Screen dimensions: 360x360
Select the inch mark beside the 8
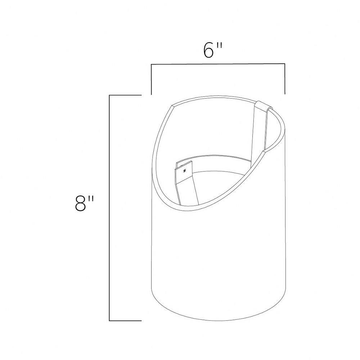click(91, 199)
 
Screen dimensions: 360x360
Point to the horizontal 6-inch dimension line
click(218, 64)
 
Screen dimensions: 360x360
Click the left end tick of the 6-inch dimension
click(151, 79)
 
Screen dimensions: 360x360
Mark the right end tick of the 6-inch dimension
click(285, 79)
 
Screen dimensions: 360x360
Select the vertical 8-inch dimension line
click(109, 208)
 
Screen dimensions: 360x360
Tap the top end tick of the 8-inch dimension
click(125, 95)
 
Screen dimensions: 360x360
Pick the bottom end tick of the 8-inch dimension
click(125, 320)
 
